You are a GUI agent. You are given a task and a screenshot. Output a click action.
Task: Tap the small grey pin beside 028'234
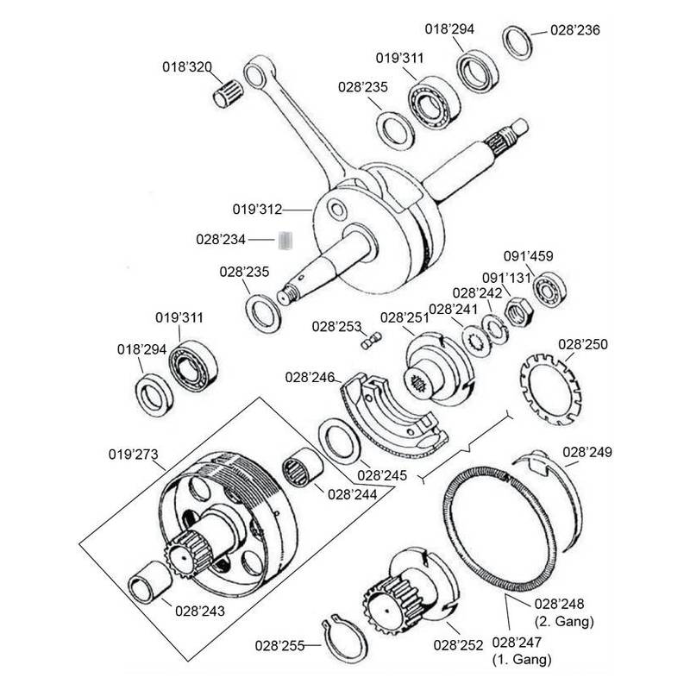click(x=288, y=239)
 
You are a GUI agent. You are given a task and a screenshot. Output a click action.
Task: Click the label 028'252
click(x=459, y=643)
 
